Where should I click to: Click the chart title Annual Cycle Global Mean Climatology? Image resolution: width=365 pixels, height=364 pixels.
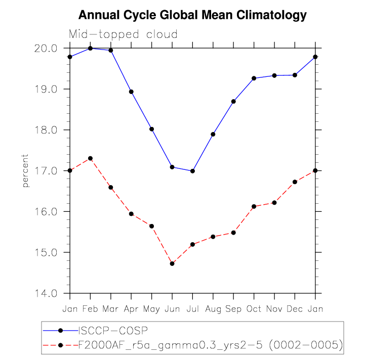(x=192, y=15)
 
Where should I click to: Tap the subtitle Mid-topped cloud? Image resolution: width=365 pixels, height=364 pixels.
(x=123, y=34)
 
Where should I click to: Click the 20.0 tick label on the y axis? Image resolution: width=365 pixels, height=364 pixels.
(x=47, y=48)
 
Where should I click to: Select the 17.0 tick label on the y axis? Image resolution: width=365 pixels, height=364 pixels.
(x=47, y=171)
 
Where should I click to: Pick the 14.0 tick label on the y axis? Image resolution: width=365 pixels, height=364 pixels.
(x=47, y=293)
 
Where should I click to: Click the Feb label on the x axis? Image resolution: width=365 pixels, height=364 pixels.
(x=90, y=308)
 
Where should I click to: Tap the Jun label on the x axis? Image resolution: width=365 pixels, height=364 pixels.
(x=172, y=308)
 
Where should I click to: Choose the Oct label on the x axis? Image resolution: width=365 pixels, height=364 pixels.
(x=254, y=308)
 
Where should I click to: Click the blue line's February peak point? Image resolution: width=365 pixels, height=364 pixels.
(x=90, y=48)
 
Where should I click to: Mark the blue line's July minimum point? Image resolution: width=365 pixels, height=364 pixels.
(x=192, y=171)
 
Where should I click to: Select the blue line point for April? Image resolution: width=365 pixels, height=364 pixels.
(x=131, y=92)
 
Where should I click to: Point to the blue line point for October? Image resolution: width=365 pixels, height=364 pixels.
(x=254, y=78)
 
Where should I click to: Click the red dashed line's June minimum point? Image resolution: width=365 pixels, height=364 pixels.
(x=172, y=263)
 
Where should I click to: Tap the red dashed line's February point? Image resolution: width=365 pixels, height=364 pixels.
(x=90, y=158)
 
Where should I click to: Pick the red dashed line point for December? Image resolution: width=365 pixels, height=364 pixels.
(x=295, y=181)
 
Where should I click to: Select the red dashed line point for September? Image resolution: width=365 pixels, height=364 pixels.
(x=233, y=233)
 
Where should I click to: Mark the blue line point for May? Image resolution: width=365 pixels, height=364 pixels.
(x=151, y=129)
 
